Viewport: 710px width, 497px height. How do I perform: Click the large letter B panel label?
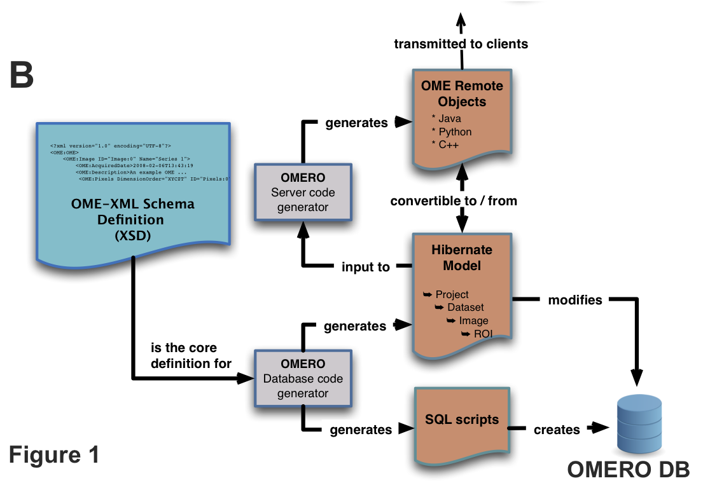[x=21, y=75]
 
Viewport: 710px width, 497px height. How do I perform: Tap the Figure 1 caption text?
[x=54, y=454]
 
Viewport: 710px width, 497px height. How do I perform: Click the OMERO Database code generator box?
[x=303, y=379]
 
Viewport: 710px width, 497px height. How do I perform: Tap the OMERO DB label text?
[x=629, y=471]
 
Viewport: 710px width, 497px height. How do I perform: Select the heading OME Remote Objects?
[x=462, y=93]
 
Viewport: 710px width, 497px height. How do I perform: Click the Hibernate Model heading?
[x=462, y=257]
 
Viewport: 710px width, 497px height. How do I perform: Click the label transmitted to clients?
[x=461, y=44]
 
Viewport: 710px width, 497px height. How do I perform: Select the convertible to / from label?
[x=454, y=201]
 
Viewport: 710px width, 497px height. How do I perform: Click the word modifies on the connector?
[x=575, y=299]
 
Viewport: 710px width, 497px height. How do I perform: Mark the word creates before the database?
[x=557, y=430]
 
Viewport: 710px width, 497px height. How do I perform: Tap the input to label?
[x=366, y=268]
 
